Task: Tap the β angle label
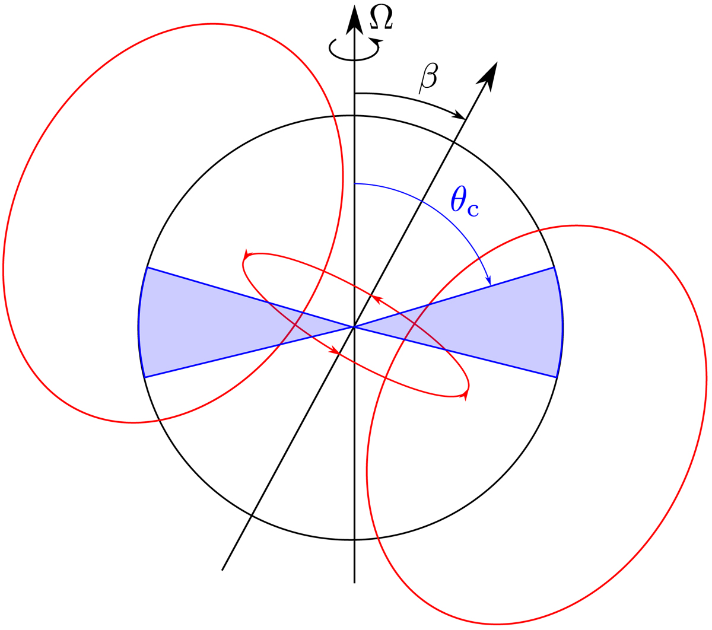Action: [428, 78]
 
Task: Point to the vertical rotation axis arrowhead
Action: [354, 20]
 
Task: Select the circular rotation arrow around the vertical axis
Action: [354, 49]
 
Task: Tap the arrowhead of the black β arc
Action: [459, 115]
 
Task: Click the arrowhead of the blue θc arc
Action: [488, 280]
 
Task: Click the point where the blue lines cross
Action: [354, 327]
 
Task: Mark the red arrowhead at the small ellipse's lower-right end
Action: [466, 396]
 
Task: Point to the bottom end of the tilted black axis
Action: [223, 570]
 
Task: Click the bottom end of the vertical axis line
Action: [354, 583]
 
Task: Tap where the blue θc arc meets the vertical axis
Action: [355, 184]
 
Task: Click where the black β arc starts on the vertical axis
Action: [355, 94]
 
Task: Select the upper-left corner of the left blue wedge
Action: [148, 268]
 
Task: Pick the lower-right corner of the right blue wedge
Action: [557, 377]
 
